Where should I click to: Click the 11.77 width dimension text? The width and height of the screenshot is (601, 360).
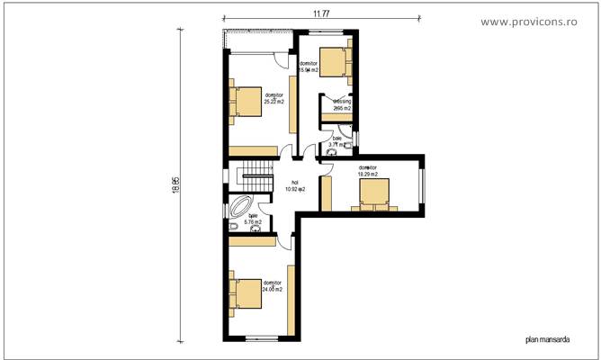(320, 13)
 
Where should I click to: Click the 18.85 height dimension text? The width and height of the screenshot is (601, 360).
(176, 184)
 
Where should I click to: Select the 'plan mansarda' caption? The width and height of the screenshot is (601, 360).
(548, 340)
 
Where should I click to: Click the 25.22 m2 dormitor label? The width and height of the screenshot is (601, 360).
(274, 98)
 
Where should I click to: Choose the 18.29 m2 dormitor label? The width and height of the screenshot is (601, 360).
(368, 170)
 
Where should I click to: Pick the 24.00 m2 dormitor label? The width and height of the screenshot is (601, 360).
(273, 287)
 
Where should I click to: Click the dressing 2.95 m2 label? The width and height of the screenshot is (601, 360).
(341, 104)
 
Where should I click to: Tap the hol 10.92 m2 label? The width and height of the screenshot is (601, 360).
(295, 185)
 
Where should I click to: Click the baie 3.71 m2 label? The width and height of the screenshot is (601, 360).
(336, 141)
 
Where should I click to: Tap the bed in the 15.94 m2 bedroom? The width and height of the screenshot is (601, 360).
(336, 61)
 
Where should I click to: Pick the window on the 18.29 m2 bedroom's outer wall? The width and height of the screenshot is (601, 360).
(425, 184)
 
